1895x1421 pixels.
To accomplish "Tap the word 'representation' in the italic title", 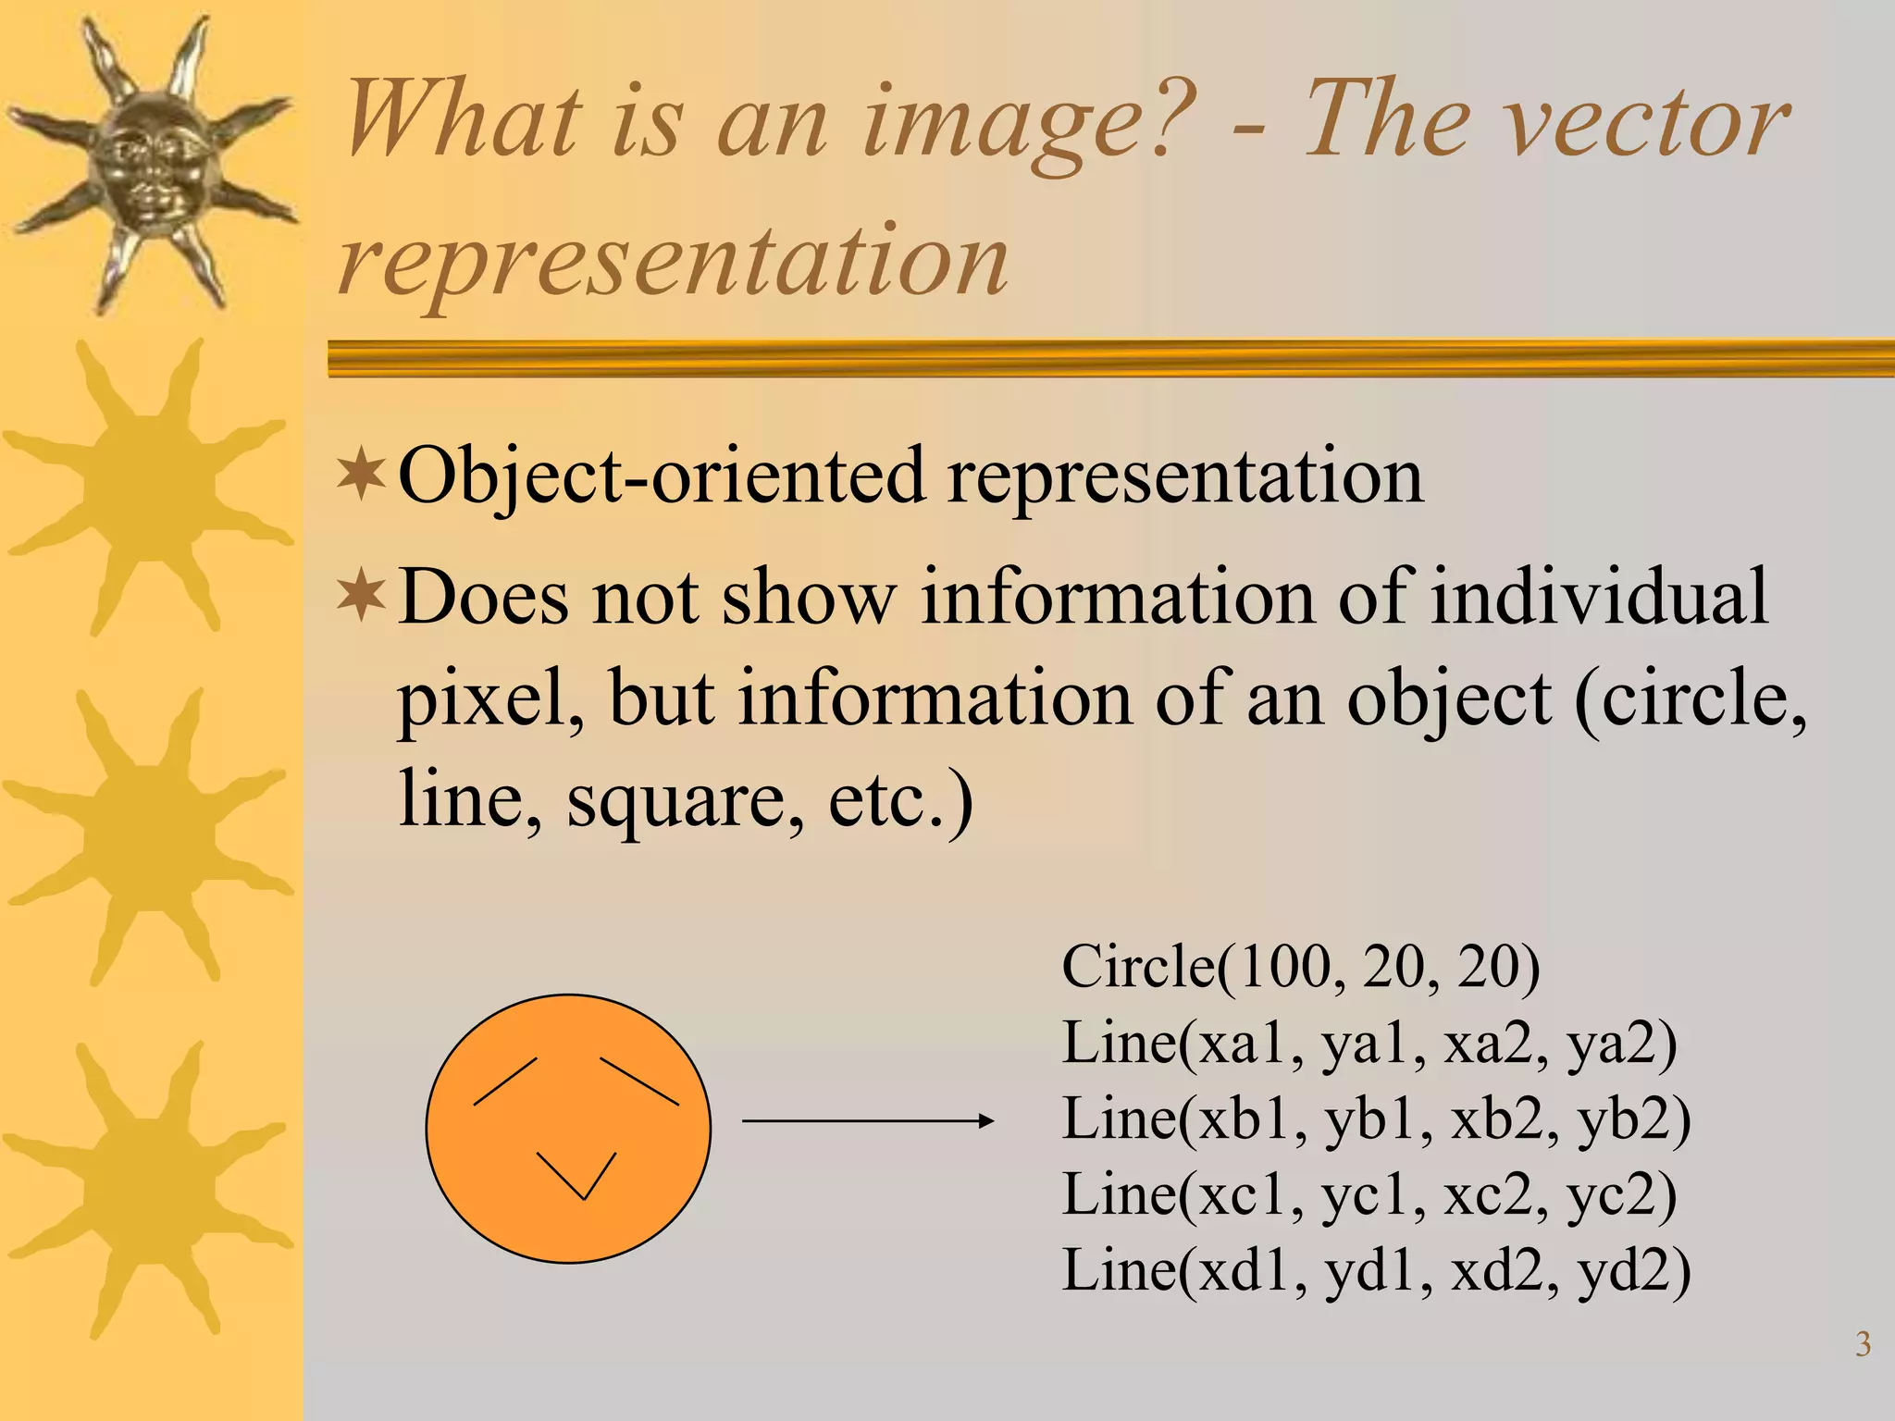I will click(674, 261).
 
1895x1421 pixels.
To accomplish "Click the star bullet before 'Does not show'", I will click(361, 597).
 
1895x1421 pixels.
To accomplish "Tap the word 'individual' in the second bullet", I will click(1599, 597).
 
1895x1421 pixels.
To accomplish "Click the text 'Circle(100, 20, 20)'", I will click(1300, 968).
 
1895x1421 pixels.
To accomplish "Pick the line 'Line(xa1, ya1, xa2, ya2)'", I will click(1369, 1044).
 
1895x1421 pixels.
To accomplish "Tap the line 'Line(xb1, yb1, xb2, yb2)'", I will click(1376, 1119).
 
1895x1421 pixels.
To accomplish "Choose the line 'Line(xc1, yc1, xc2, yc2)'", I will click(1369, 1195).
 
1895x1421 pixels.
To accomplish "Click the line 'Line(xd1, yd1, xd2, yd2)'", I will click(1376, 1271).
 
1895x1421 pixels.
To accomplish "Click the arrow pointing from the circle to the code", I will click(867, 1121).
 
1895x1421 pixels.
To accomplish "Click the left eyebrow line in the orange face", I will click(505, 1081).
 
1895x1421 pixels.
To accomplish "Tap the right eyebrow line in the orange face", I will click(639, 1081).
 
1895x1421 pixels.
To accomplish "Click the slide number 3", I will click(1864, 1344).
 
